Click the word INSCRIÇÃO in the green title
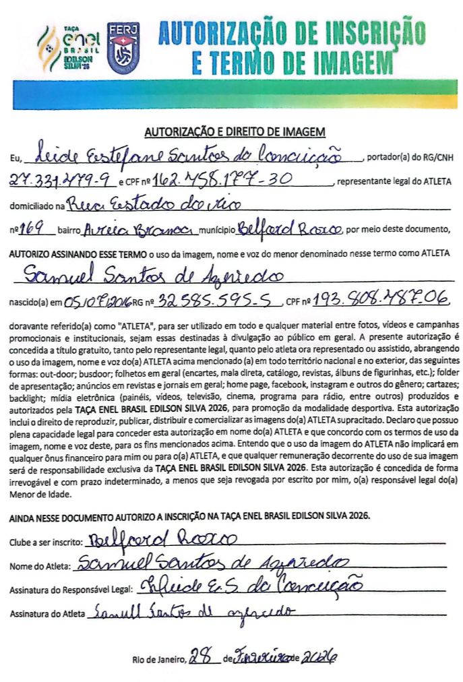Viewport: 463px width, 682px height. click(360, 32)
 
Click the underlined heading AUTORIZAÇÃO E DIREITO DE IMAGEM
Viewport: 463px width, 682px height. click(235, 132)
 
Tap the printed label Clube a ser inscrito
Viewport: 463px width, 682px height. click(46, 542)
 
